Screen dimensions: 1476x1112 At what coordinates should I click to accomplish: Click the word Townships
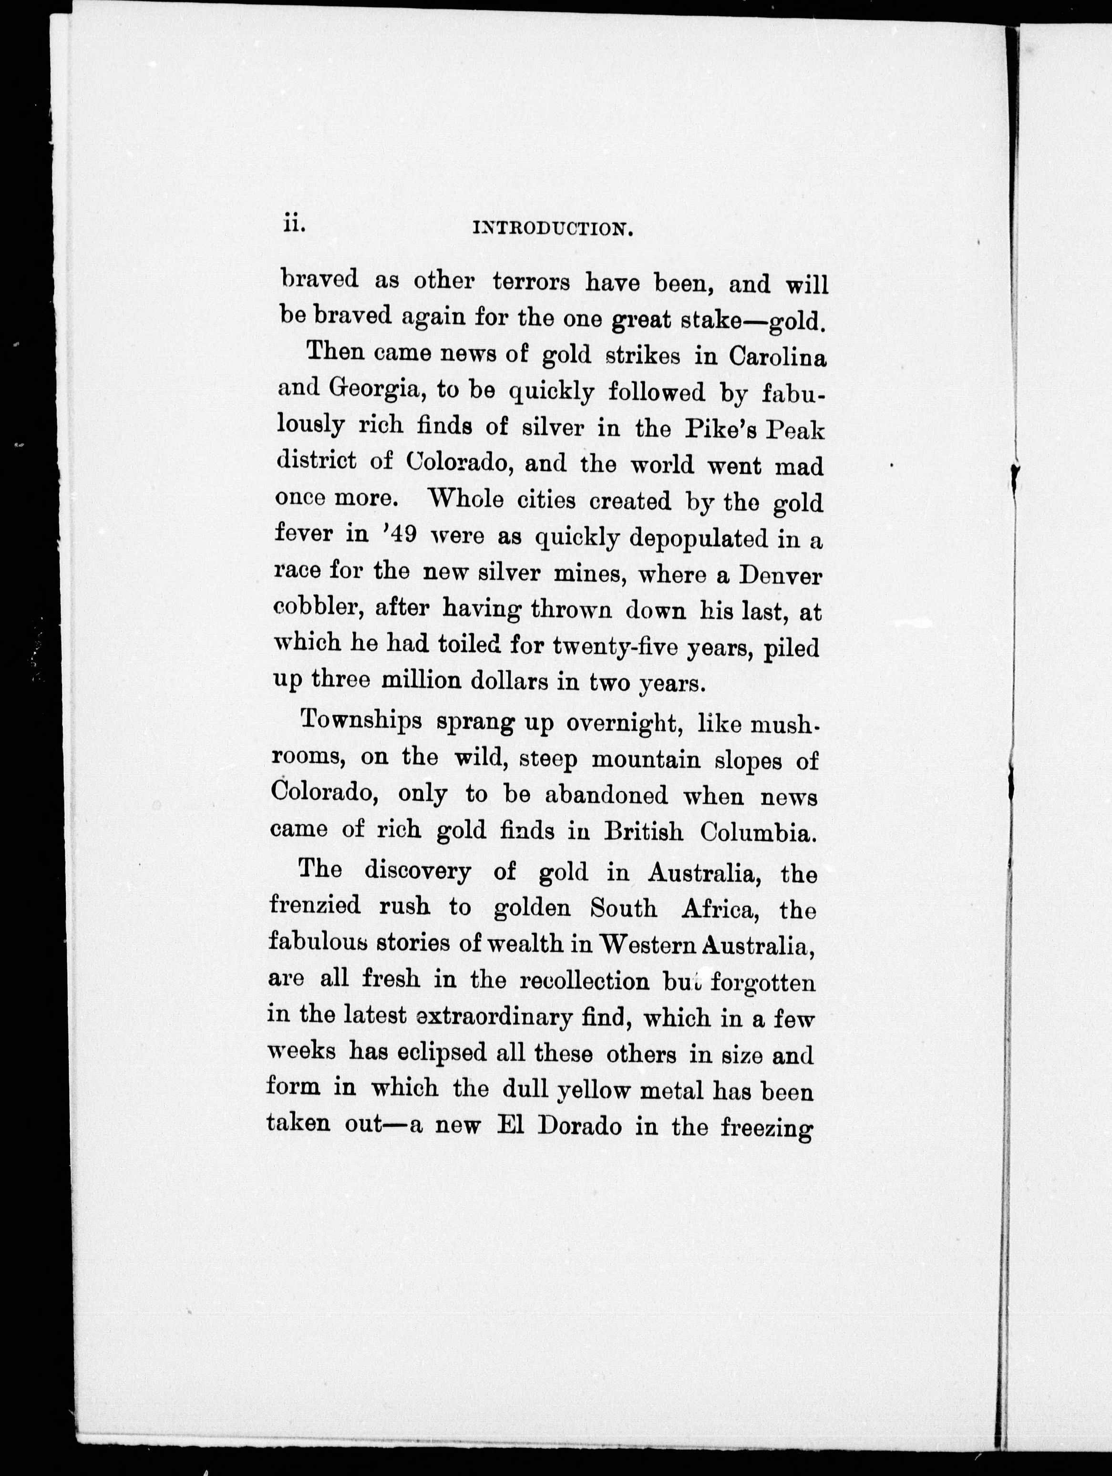362,721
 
